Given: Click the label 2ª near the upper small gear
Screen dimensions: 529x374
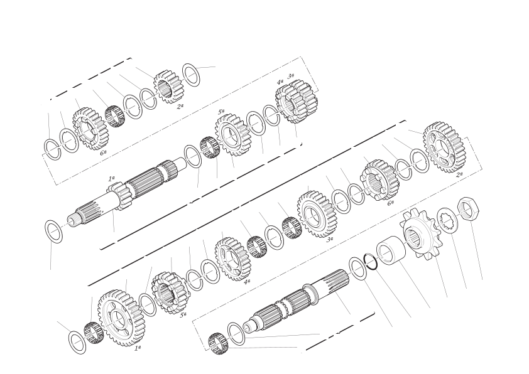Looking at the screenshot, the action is [180, 107].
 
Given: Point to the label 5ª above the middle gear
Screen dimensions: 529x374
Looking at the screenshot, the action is [221, 112].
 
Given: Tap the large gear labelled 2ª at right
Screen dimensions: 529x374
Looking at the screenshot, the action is [445, 147].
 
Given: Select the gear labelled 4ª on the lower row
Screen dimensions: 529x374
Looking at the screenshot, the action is [233, 258].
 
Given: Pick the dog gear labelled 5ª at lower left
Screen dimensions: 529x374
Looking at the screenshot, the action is [168, 293].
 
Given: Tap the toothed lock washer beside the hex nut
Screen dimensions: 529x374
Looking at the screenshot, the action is [448, 220].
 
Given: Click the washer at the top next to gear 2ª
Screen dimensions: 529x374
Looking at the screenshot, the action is [191, 75].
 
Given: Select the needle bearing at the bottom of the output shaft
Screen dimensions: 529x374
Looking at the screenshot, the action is [219, 343].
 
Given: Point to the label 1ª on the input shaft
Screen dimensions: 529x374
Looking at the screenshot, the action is [111, 179].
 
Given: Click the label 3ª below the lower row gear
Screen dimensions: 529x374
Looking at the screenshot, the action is [330, 240].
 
